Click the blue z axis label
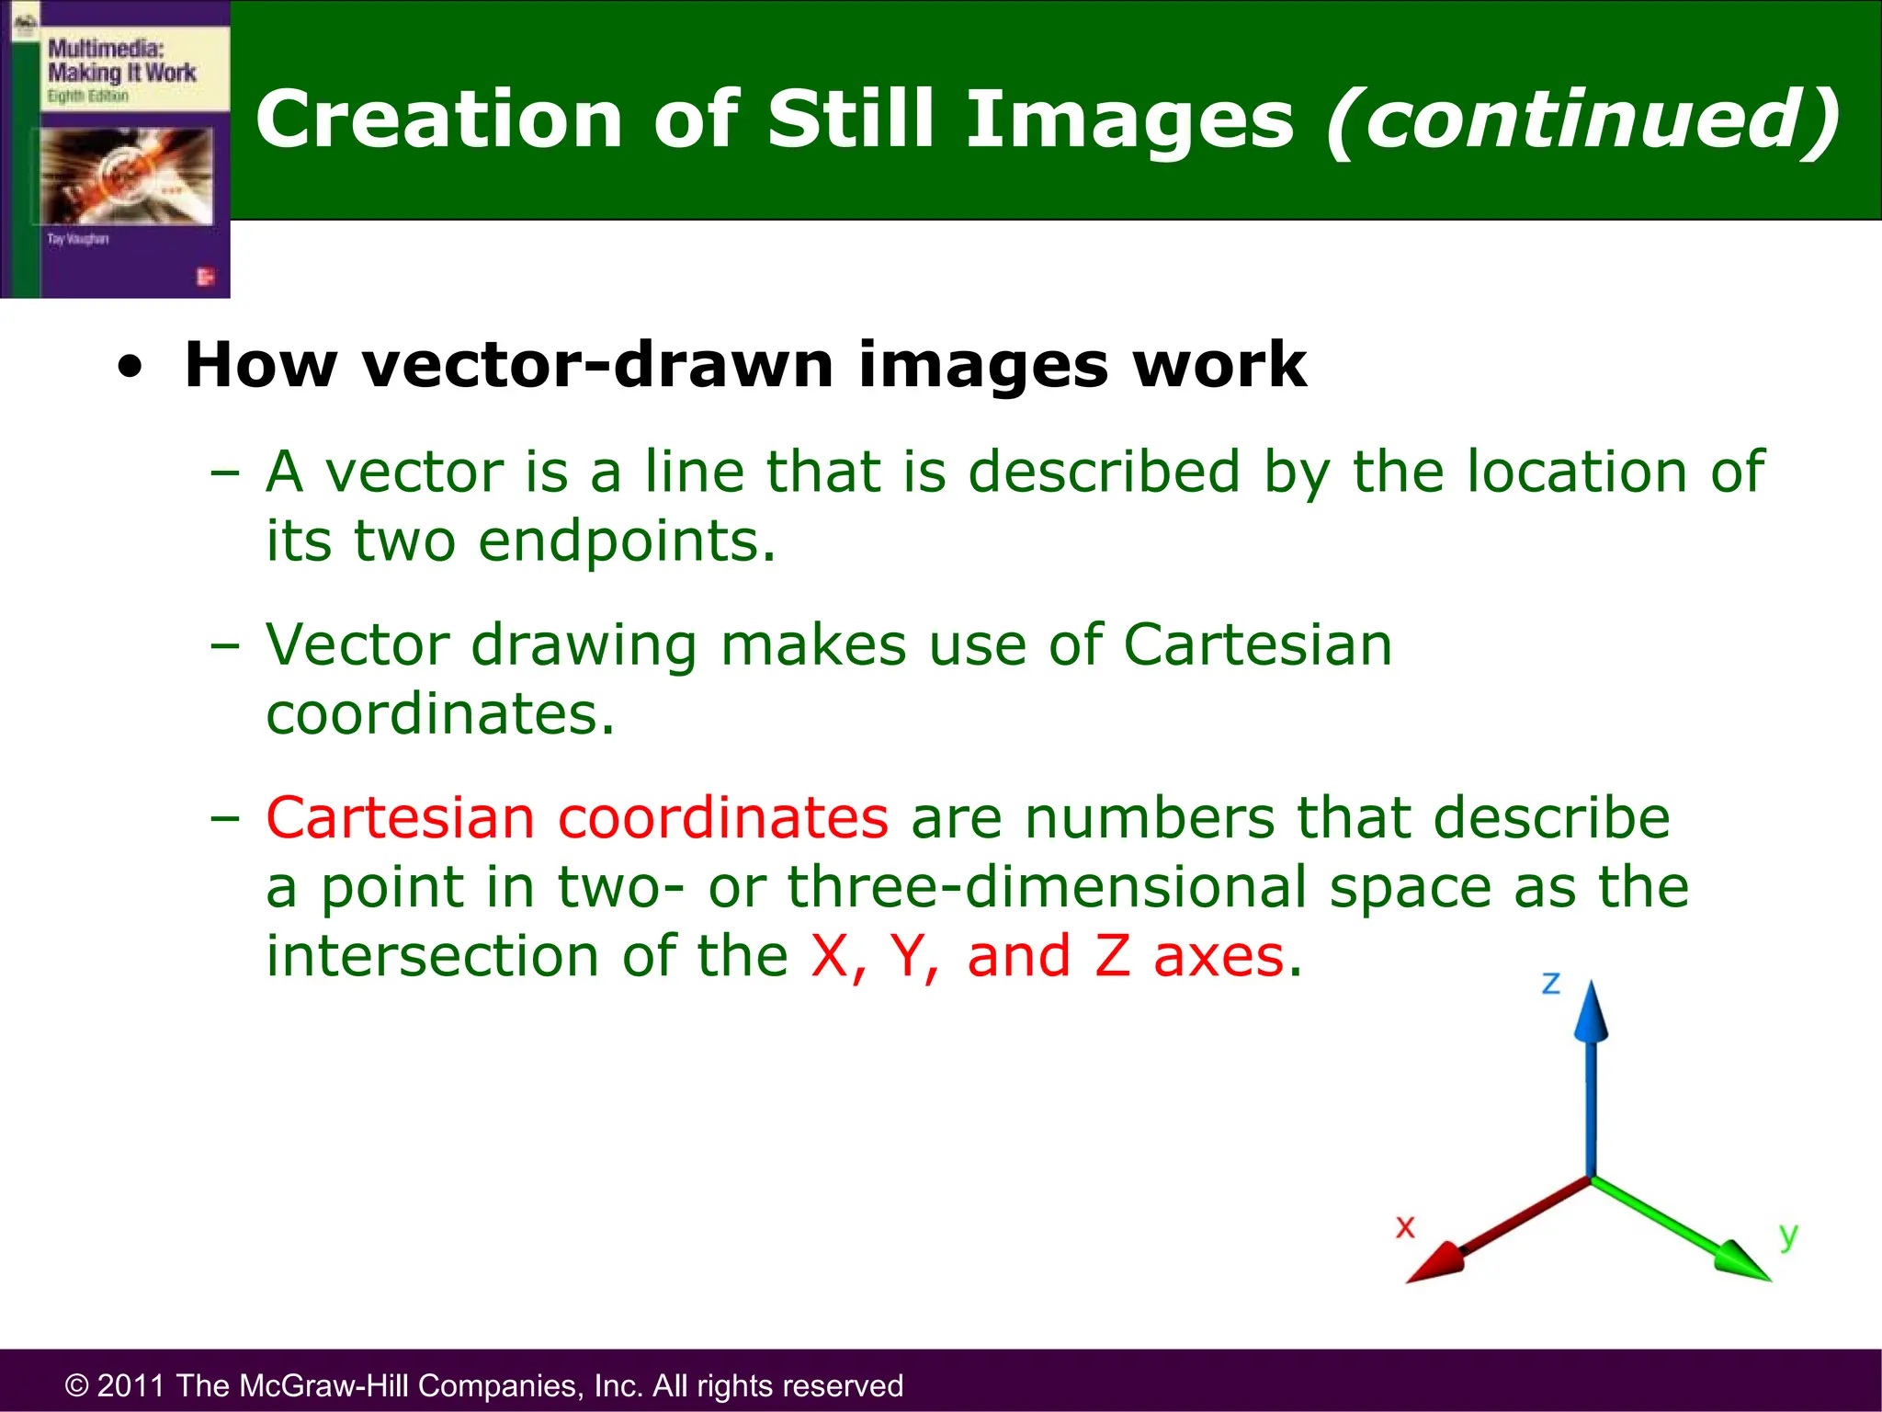coord(1551,984)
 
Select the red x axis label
coord(1405,1227)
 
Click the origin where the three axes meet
coord(1591,1178)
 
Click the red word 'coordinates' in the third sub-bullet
coord(723,817)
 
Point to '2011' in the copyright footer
coord(130,1385)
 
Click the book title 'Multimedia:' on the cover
coord(105,49)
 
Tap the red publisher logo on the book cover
coord(205,277)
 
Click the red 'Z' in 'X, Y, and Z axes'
coord(1112,956)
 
